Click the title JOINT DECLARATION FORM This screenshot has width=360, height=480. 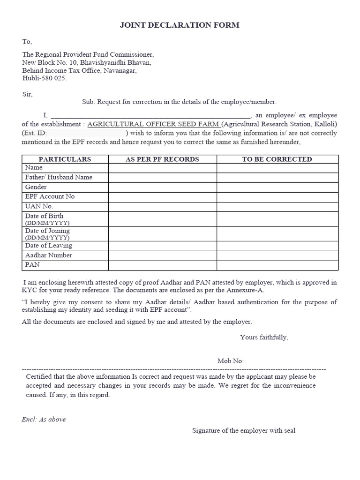tap(180, 25)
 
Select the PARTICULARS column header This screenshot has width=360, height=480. tap(65, 159)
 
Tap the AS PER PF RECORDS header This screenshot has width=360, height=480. tap(162, 159)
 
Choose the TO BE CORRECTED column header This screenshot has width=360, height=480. tap(277, 159)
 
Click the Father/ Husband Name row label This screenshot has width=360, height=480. tap(59, 177)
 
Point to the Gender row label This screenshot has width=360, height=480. tap(36, 187)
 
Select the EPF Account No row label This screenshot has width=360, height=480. tap(50, 196)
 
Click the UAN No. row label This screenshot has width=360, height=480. tap(39, 206)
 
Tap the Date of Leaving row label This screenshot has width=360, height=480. tap(49, 246)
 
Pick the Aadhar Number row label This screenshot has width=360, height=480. tap(49, 255)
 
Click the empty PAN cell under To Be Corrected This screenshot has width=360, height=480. tap(277, 265)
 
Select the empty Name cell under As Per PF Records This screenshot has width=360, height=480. tap(162, 168)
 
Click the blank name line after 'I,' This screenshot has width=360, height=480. tap(150, 115)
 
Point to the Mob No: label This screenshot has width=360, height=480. tap(231, 361)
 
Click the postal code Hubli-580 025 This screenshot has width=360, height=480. tap(45, 78)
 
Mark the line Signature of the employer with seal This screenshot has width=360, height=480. tap(243, 430)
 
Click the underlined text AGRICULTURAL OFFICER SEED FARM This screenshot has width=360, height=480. tap(153, 124)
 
